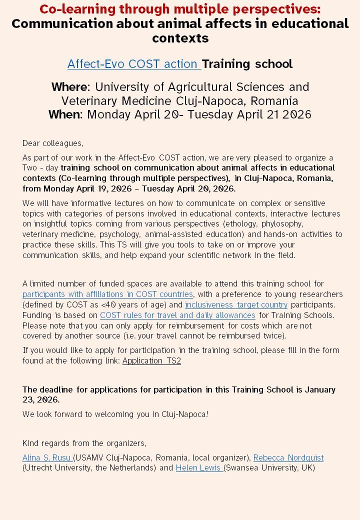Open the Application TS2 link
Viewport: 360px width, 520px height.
[x=151, y=360]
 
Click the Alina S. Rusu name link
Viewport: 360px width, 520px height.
[x=47, y=457]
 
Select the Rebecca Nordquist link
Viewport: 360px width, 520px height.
[x=288, y=457]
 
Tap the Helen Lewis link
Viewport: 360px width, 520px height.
[x=199, y=468]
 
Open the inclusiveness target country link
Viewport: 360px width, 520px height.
[x=236, y=304]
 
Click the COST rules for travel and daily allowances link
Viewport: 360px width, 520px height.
[x=177, y=315]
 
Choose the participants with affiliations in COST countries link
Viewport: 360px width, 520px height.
[x=107, y=294]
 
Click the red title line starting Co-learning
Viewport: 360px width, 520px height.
[x=180, y=9]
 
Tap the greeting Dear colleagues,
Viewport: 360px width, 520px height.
[x=52, y=143]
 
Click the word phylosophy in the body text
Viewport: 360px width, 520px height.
[x=281, y=223]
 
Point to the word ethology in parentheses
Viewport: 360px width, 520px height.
[x=243, y=223]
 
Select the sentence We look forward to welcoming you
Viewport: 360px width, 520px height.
[x=115, y=414]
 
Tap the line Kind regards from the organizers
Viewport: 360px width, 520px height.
[x=84, y=443]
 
